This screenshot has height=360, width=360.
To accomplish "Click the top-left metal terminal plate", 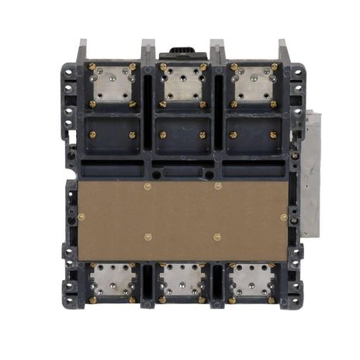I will click(112, 85).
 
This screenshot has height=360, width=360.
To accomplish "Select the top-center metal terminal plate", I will click(182, 85).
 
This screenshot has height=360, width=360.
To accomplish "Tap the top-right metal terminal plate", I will click(254, 85).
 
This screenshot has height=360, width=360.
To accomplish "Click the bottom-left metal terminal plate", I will click(112, 280).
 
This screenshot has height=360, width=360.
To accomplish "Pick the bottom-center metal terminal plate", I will click(182, 280).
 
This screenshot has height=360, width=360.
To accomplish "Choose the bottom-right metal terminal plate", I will click(254, 280).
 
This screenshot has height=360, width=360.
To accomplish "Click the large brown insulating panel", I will click(182, 221).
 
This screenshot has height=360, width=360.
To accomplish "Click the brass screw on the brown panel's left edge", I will click(81, 217).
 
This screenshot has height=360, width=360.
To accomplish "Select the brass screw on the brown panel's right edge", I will click(283, 217).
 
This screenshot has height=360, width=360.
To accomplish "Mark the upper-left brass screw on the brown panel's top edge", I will click(147, 186).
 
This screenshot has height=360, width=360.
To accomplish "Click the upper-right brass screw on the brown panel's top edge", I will click(217, 186).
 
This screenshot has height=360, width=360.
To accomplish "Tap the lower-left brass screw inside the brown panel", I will click(147, 237).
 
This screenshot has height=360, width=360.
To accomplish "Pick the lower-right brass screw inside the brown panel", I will click(217, 237).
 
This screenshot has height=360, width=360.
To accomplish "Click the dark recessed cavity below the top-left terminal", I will click(112, 134).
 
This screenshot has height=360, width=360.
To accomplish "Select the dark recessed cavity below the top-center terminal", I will click(182, 134).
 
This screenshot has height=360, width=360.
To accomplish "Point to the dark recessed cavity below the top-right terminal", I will click(254, 134).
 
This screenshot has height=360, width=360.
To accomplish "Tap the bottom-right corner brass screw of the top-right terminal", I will click(274, 103).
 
